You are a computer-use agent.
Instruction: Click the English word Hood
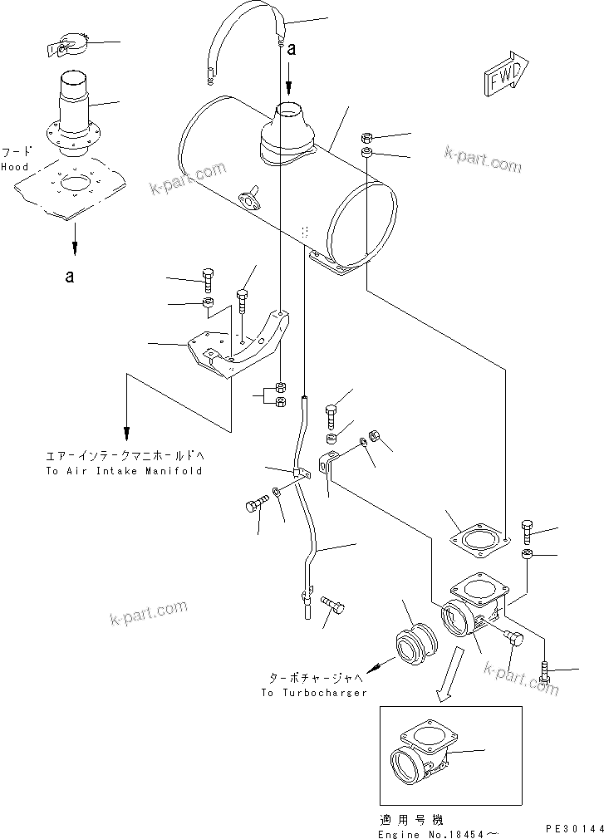point(14,167)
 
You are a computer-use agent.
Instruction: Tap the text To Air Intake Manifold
point(124,470)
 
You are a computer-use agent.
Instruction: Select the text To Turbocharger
point(313,692)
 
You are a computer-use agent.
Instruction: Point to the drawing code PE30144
point(572,828)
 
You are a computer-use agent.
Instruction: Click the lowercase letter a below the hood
point(71,277)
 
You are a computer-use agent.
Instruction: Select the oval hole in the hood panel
point(78,181)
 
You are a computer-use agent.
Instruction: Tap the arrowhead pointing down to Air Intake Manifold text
point(126,433)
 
